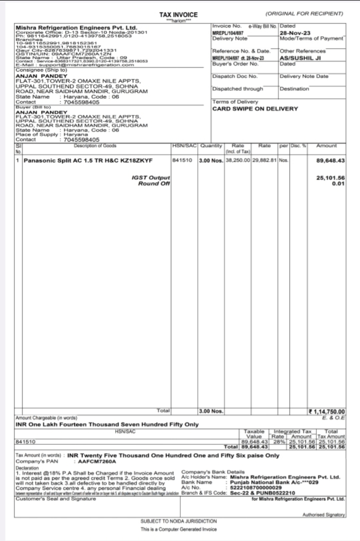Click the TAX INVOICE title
point(178,15)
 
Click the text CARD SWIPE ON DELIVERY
point(255,109)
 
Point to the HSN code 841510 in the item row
point(181,161)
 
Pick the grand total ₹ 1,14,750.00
point(327,412)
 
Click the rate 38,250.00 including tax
point(238,161)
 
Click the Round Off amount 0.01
point(338,183)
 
